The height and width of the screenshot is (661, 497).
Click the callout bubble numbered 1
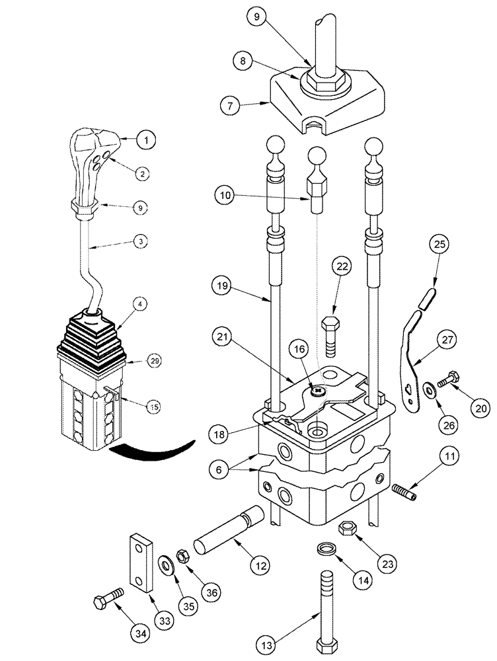pyautogui.click(x=147, y=139)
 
